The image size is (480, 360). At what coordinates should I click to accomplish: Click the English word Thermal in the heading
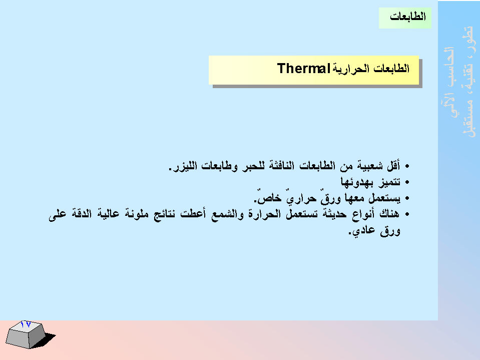coord(303,68)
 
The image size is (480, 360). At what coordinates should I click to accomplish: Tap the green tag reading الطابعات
coord(405,18)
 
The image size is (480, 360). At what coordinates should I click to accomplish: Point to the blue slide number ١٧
coord(26,324)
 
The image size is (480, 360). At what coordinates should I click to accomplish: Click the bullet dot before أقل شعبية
coord(407,167)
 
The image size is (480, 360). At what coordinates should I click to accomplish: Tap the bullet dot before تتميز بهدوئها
coord(407,182)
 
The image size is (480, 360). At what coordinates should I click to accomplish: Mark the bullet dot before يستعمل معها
coord(407,198)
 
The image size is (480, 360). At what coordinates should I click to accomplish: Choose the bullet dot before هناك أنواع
coord(407,214)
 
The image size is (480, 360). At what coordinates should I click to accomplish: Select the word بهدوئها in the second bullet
coord(357,182)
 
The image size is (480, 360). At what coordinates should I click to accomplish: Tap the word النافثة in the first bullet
coord(282,166)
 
